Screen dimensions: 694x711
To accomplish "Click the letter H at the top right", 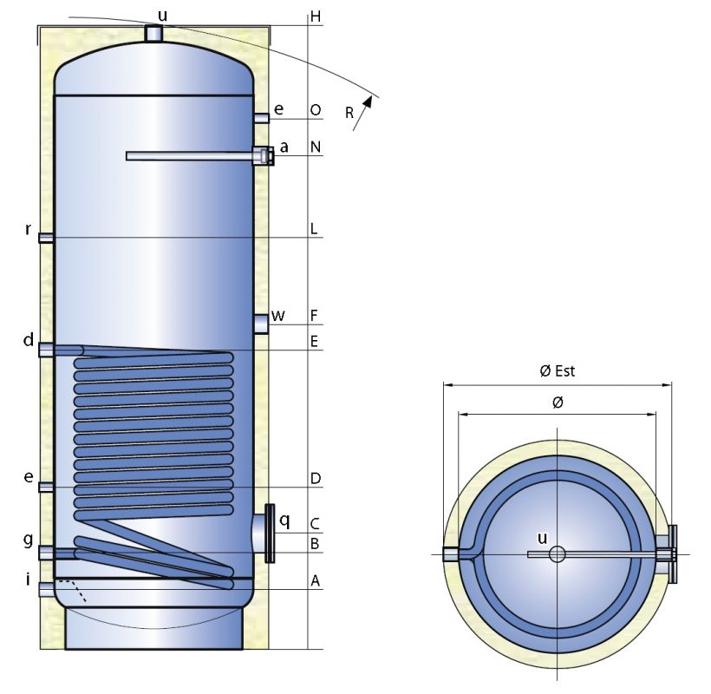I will (x=316, y=16).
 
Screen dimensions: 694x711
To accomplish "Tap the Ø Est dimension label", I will (x=557, y=371).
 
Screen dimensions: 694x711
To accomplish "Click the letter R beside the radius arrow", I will (x=349, y=112).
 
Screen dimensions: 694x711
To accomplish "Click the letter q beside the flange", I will (x=284, y=520).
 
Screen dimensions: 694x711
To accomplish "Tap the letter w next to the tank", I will (x=277, y=315).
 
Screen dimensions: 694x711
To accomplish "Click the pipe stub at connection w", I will (x=261, y=324).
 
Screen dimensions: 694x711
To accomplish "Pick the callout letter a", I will (x=284, y=147).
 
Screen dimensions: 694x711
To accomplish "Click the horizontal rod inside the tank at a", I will (x=191, y=156).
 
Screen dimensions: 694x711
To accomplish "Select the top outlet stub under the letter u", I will (x=153, y=33).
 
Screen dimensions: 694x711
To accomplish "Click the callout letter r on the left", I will (x=29, y=230).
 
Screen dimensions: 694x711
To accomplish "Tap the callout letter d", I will (x=29, y=340).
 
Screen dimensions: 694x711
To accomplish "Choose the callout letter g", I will (x=29, y=540).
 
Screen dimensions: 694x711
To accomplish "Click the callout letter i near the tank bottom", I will (x=29, y=575).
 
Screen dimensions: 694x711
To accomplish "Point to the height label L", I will (x=315, y=230).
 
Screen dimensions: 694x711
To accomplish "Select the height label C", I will (x=316, y=523).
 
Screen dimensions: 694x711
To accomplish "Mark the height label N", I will (x=316, y=147).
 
